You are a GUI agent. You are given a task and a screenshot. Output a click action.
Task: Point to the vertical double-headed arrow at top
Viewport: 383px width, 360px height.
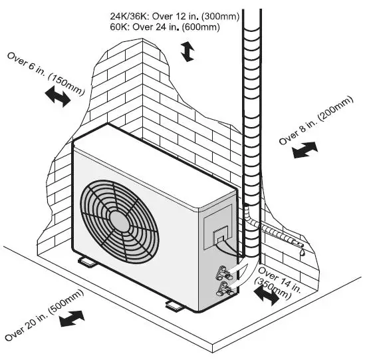coord(189,51)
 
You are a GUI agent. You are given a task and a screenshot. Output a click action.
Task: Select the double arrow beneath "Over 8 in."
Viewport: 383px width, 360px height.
coord(305,151)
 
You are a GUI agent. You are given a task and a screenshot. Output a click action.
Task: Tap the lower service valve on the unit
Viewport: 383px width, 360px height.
coord(224,287)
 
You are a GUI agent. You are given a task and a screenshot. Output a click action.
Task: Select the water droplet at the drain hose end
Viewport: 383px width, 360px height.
coord(301,253)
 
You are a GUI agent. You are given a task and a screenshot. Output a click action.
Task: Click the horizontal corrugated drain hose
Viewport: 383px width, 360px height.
coord(277,236)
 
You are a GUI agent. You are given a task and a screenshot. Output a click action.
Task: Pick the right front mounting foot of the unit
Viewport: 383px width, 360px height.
coord(172,305)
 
